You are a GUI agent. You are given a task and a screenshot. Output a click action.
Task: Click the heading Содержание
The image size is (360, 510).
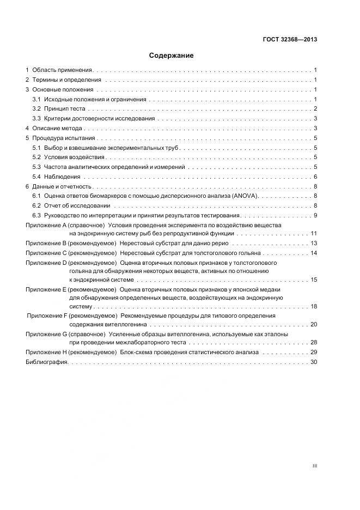pyautogui.click(x=171, y=55)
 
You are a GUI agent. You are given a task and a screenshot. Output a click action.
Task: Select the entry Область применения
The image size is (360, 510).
pyautogui.click(x=62, y=70)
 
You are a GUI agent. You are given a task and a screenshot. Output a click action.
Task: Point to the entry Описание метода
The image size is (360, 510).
pyautogui.click(x=57, y=129)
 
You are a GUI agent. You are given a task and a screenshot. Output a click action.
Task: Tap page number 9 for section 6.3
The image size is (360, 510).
pyautogui.click(x=315, y=215)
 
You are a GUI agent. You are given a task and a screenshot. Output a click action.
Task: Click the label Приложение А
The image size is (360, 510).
pyautogui.click(x=46, y=224)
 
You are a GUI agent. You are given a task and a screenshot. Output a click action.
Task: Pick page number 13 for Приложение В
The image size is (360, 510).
pyautogui.click(x=314, y=244)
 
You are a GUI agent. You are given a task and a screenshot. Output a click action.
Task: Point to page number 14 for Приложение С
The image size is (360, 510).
pyautogui.click(x=314, y=253)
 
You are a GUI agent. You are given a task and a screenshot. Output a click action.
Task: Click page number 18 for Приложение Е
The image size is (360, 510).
pyautogui.click(x=314, y=307)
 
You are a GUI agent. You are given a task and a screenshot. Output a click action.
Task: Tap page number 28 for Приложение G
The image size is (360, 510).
pyautogui.click(x=314, y=342)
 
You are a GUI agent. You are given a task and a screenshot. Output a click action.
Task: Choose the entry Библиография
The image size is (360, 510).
pyautogui.click(x=46, y=362)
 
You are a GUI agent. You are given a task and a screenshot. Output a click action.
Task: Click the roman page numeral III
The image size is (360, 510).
pyautogui.click(x=314, y=466)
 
